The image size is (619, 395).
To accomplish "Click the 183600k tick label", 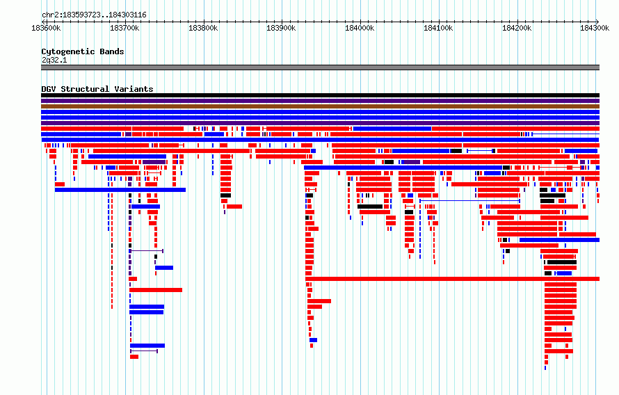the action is click(46, 28).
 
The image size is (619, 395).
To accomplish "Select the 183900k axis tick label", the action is click(281, 28).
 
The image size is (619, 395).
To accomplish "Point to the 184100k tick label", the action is click(438, 28).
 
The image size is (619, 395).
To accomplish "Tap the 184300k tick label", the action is click(595, 28).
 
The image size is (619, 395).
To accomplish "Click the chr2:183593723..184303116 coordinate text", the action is click(94, 15).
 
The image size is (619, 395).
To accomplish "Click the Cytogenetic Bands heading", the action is click(83, 51).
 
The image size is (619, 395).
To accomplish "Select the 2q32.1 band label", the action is click(54, 60).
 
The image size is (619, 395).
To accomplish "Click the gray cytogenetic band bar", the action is click(320, 67).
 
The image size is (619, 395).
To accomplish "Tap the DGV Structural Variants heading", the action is click(97, 89).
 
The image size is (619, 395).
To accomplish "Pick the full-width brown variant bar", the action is click(320, 106).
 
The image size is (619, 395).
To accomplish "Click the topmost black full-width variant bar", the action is click(320, 95).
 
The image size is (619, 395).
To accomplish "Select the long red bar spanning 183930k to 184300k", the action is click(452, 279).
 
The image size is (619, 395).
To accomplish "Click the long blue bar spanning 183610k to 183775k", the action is click(120, 190).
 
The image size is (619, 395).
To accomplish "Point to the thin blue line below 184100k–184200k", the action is click(469, 201).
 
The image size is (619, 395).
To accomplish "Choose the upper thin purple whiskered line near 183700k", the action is click(147, 251).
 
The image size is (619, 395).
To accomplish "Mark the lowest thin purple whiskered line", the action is click(144, 350).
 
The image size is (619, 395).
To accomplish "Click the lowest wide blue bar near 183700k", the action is click(147, 346).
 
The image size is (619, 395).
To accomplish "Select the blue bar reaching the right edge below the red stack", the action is click(559, 240).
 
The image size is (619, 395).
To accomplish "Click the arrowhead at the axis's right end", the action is click(597, 22).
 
